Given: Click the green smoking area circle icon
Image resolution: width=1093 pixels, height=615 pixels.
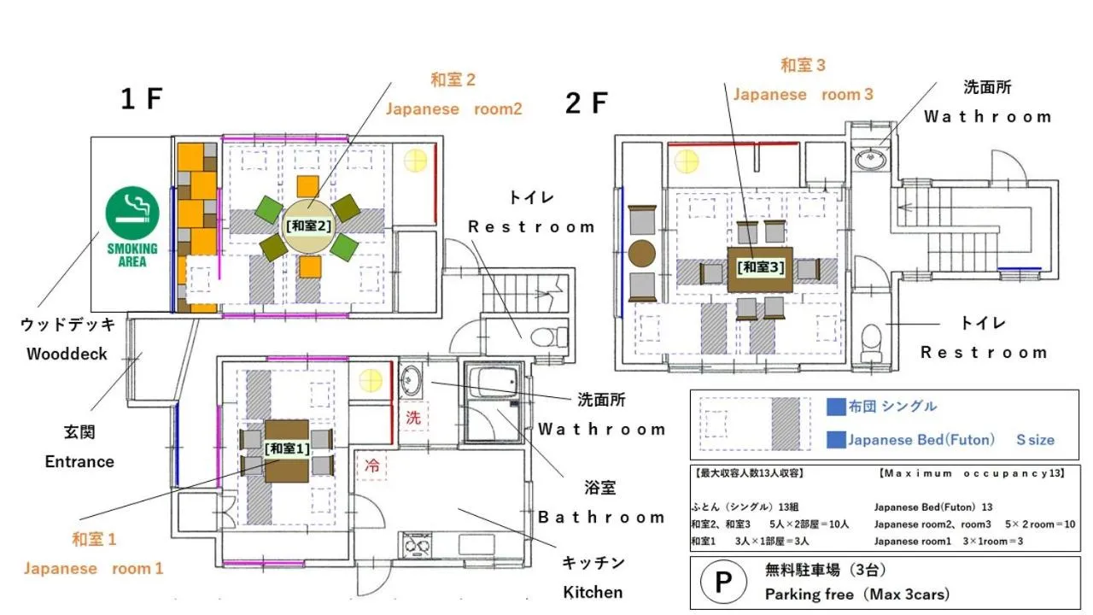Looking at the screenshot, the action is point(132,214).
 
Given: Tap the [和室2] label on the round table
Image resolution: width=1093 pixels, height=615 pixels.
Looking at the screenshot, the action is point(308,226).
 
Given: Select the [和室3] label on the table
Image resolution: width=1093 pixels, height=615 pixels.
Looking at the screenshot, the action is point(761,267).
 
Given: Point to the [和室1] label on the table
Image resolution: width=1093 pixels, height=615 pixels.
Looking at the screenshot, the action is point(287,448).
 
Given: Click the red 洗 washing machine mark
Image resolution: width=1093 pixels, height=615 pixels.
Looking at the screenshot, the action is point(413,418).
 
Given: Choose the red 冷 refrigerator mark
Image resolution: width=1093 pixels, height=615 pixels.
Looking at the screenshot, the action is point(371,466).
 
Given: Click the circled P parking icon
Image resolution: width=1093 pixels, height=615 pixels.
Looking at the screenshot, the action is point(723,582).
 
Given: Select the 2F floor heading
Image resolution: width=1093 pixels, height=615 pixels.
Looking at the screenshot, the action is point(586,103).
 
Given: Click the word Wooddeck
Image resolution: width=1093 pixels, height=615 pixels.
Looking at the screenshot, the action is point(67,354).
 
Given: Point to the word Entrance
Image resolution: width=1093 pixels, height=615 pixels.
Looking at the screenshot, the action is point(79,462).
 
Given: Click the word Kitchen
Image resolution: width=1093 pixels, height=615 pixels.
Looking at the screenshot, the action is point(593,592).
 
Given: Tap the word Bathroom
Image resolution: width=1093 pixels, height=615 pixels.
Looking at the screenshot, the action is point(601,518).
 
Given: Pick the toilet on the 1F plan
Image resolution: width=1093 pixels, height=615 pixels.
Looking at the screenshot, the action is point(548,337).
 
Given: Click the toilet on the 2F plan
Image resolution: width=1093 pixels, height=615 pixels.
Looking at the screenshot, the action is point(871,343).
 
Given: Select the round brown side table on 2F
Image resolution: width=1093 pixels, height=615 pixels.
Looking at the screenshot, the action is point(641,254).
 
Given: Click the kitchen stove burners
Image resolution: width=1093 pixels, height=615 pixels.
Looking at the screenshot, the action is point(417,544).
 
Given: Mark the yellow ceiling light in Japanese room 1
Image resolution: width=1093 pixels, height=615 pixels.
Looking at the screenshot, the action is point(371,381).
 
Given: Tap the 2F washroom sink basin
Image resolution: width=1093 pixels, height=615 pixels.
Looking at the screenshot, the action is point(871,159).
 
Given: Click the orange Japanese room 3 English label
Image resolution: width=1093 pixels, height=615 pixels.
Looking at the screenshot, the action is point(804,94).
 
